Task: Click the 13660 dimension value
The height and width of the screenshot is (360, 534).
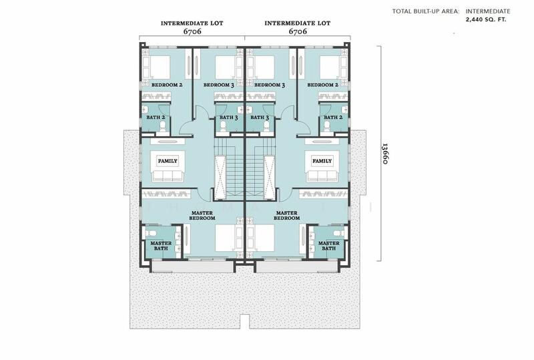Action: coord(384,154)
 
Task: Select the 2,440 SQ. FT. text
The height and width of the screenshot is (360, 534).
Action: coord(486,19)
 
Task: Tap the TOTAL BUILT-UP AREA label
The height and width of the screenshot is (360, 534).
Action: coord(426,11)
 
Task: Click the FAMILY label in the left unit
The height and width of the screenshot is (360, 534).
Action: coord(168,161)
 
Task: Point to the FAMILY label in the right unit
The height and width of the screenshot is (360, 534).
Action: coord(322,161)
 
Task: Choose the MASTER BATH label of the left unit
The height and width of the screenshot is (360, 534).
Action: coord(161,246)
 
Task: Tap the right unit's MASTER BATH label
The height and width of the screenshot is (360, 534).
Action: coord(328,246)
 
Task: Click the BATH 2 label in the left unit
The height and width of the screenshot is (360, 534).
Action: coord(156,118)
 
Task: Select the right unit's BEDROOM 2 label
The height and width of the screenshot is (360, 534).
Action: coord(323,85)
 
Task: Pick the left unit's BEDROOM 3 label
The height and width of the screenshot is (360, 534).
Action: coord(219,85)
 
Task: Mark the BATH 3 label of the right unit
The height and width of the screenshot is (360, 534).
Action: coord(260,118)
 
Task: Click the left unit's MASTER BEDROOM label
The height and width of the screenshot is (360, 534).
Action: coord(202,216)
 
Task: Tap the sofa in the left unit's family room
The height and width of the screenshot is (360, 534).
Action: coord(168,176)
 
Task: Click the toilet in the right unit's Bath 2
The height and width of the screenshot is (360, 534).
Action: coord(327,127)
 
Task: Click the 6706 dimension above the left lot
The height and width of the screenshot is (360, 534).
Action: coord(192,31)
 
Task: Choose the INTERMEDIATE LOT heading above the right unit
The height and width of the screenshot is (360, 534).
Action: coord(297,23)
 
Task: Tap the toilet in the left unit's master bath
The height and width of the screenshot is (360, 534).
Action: coord(151,233)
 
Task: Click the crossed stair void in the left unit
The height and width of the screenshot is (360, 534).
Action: coord(220,177)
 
